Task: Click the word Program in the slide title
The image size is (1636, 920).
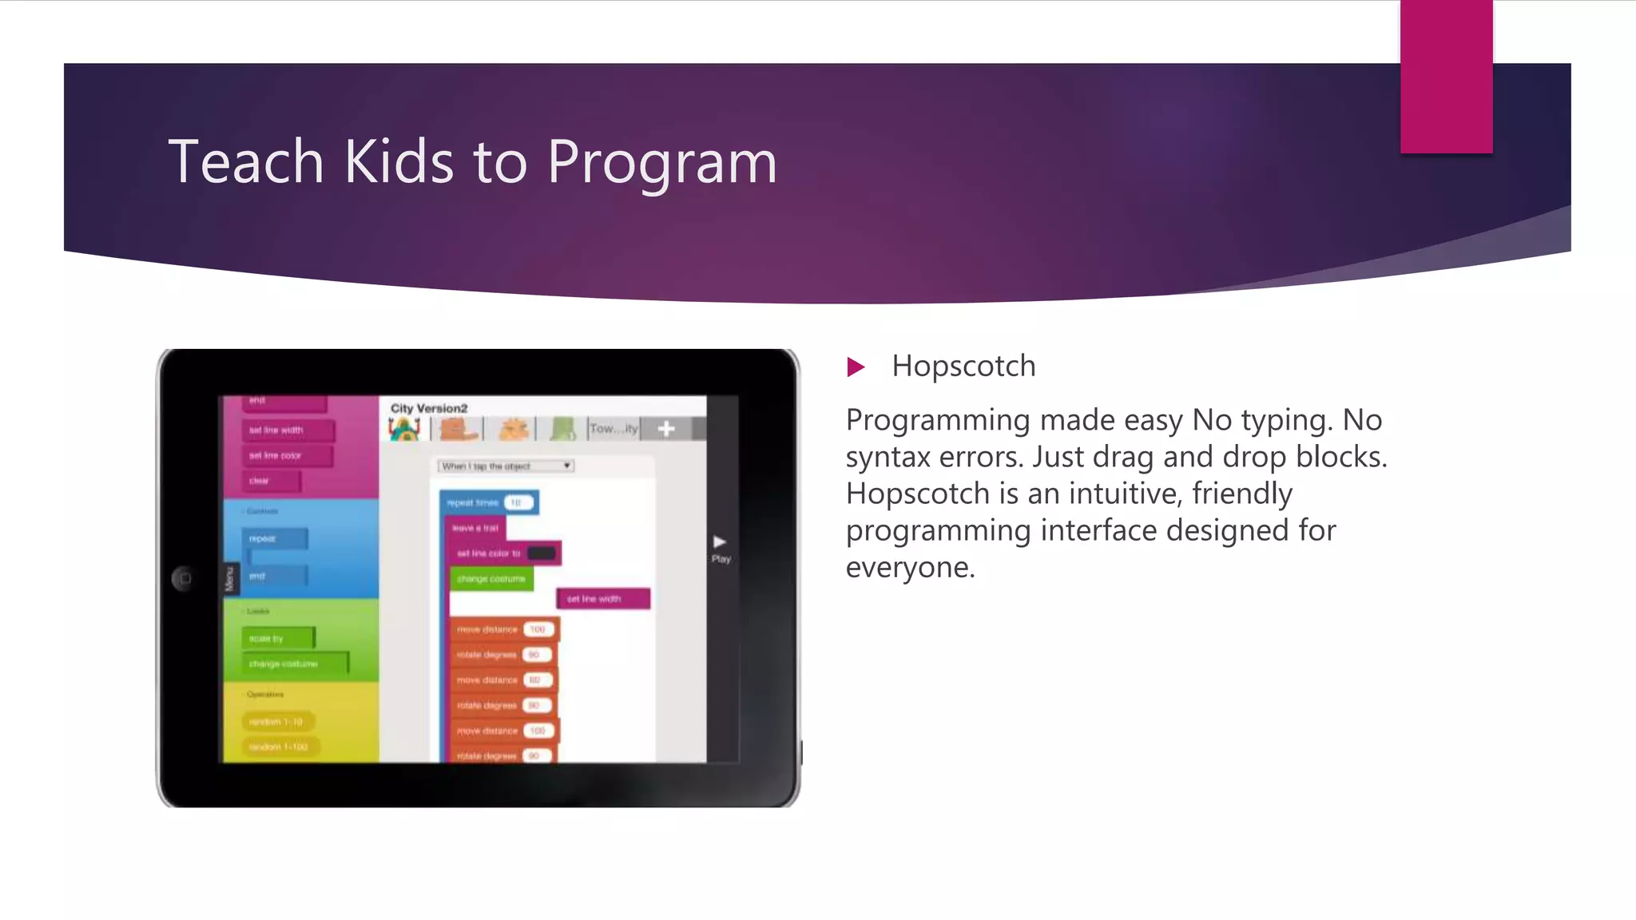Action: pyautogui.click(x=661, y=163)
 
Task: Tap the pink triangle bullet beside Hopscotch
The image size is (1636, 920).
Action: pyautogui.click(x=856, y=367)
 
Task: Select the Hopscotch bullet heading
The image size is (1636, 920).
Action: pyautogui.click(x=963, y=367)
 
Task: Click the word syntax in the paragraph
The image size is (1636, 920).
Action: pyautogui.click(x=887, y=457)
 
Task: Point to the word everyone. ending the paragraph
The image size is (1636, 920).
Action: pyautogui.click(x=910, y=567)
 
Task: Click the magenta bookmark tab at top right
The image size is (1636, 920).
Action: pyautogui.click(x=1446, y=77)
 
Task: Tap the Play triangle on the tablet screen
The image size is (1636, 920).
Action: pyautogui.click(x=720, y=542)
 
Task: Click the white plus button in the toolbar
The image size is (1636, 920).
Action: pyautogui.click(x=666, y=429)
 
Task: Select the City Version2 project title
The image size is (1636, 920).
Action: pyautogui.click(x=429, y=408)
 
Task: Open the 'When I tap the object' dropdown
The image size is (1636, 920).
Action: pyautogui.click(x=506, y=466)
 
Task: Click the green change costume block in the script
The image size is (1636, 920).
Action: pyautogui.click(x=490, y=579)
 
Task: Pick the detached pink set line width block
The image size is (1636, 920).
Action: pyautogui.click(x=603, y=599)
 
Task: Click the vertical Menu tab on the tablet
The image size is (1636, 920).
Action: pyautogui.click(x=230, y=578)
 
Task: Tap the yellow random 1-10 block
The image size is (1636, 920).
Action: pyautogui.click(x=276, y=722)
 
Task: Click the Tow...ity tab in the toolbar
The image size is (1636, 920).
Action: pyautogui.click(x=613, y=429)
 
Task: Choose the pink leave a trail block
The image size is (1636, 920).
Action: pyautogui.click(x=475, y=528)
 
